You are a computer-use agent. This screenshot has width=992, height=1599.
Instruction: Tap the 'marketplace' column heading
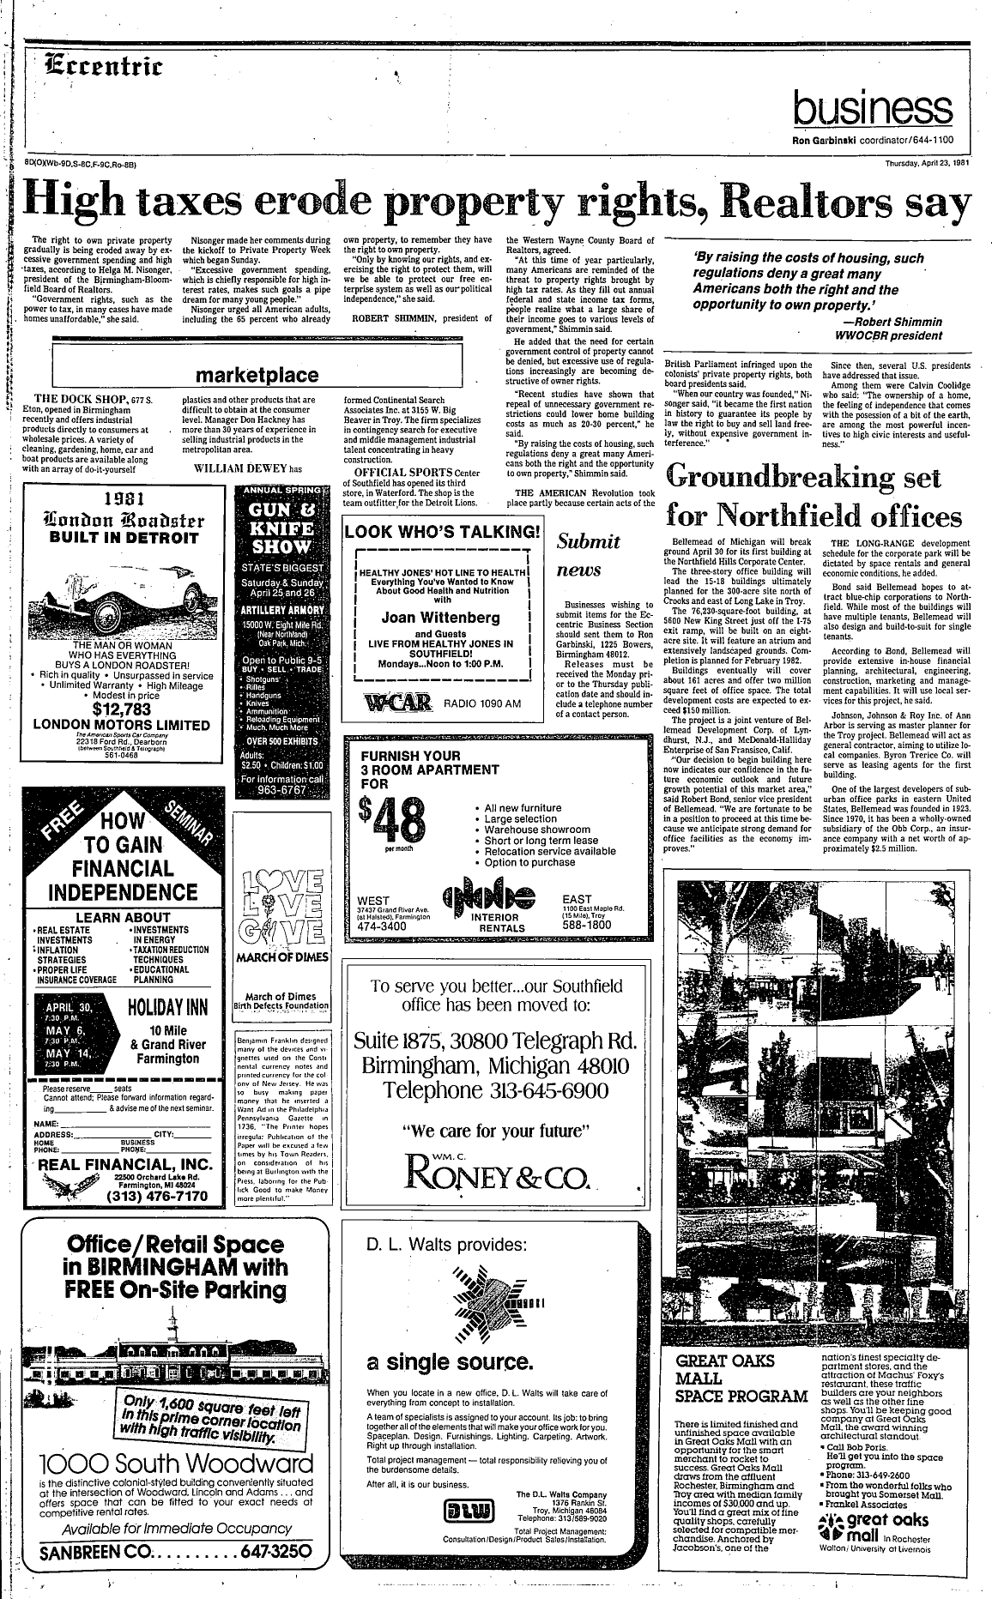tap(257, 375)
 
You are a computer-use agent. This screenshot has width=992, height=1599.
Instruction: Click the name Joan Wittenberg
tap(440, 617)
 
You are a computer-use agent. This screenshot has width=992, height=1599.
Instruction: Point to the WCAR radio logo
tap(397, 703)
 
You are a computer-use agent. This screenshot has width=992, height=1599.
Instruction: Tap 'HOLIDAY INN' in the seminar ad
tap(167, 1007)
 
